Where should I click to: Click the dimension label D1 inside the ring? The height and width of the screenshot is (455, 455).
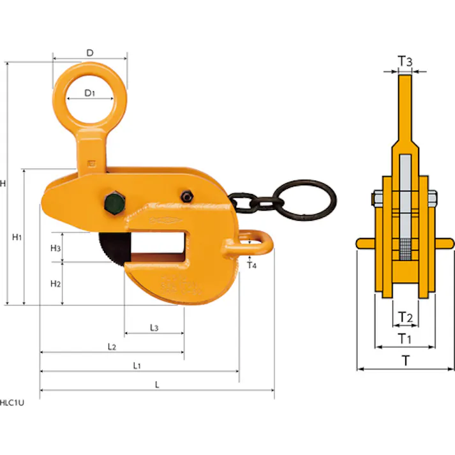pos(89,93)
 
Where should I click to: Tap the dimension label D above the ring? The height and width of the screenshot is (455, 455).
pos(90,53)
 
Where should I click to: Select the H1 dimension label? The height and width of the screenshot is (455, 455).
pos(17,237)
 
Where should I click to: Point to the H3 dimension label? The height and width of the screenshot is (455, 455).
pos(56,248)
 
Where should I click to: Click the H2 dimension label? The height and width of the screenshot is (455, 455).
pos(56,284)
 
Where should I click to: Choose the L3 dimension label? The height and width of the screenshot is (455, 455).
pos(154,328)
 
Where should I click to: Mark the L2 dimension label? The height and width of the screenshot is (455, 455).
pos(112,347)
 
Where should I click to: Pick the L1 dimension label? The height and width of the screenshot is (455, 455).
pos(137,366)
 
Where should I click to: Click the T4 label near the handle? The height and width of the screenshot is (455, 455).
pos(251,265)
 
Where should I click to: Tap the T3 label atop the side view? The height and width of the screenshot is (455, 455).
pos(405,61)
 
